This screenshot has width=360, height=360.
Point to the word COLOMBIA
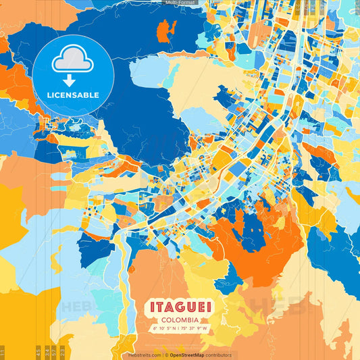pos(180,319)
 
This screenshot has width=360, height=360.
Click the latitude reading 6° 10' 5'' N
pos(163,329)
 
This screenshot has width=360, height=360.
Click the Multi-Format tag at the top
pos(180,3)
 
